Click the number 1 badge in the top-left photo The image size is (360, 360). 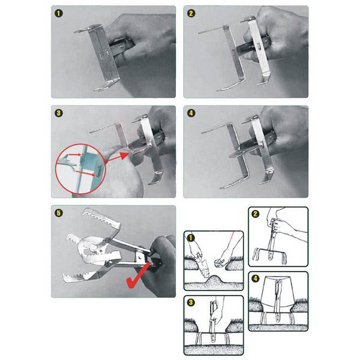point(59,14)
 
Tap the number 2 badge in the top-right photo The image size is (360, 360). point(191,14)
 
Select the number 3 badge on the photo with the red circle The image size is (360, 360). point(59,113)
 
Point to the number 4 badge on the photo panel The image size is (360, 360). point(191,113)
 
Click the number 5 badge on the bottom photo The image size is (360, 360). point(59,213)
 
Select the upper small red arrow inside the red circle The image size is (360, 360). point(75,155)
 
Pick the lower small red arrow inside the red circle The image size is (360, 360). point(85,173)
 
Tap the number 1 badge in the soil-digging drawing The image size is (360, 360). point(191,238)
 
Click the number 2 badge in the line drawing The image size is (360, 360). point(256,214)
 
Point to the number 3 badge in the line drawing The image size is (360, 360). point(191,302)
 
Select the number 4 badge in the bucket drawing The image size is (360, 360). point(256,279)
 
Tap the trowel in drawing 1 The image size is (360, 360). point(202,266)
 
